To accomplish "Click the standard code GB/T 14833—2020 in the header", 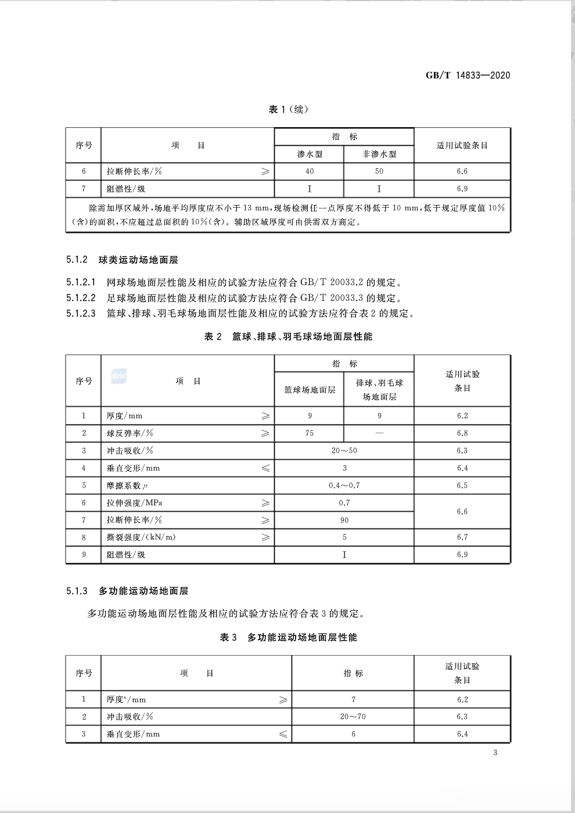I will tap(468, 75).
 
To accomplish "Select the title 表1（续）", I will tap(288, 109).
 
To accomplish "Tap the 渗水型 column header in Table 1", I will tap(310, 154).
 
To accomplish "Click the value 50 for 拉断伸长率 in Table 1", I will tap(379, 171).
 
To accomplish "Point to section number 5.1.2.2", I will tap(81, 298).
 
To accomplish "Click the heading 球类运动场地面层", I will tap(138, 260).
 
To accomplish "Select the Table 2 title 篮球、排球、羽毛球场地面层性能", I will tap(302, 337).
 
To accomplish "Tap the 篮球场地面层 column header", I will tap(310, 390).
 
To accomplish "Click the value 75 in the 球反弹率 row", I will tap(310, 433).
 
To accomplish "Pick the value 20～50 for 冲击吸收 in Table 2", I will tap(344, 451).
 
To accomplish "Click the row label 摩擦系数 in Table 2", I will tap(124, 485).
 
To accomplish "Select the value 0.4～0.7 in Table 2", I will tap(344, 485).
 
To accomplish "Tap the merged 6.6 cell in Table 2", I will tap(462, 512).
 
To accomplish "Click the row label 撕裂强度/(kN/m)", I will tap(141, 537).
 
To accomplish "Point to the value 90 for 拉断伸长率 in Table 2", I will tap(344, 520).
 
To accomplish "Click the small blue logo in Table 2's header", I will tap(118, 376).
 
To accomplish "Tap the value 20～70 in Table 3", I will tap(353, 717).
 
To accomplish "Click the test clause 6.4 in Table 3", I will tap(462, 734).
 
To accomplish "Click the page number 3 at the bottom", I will tap(495, 753).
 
